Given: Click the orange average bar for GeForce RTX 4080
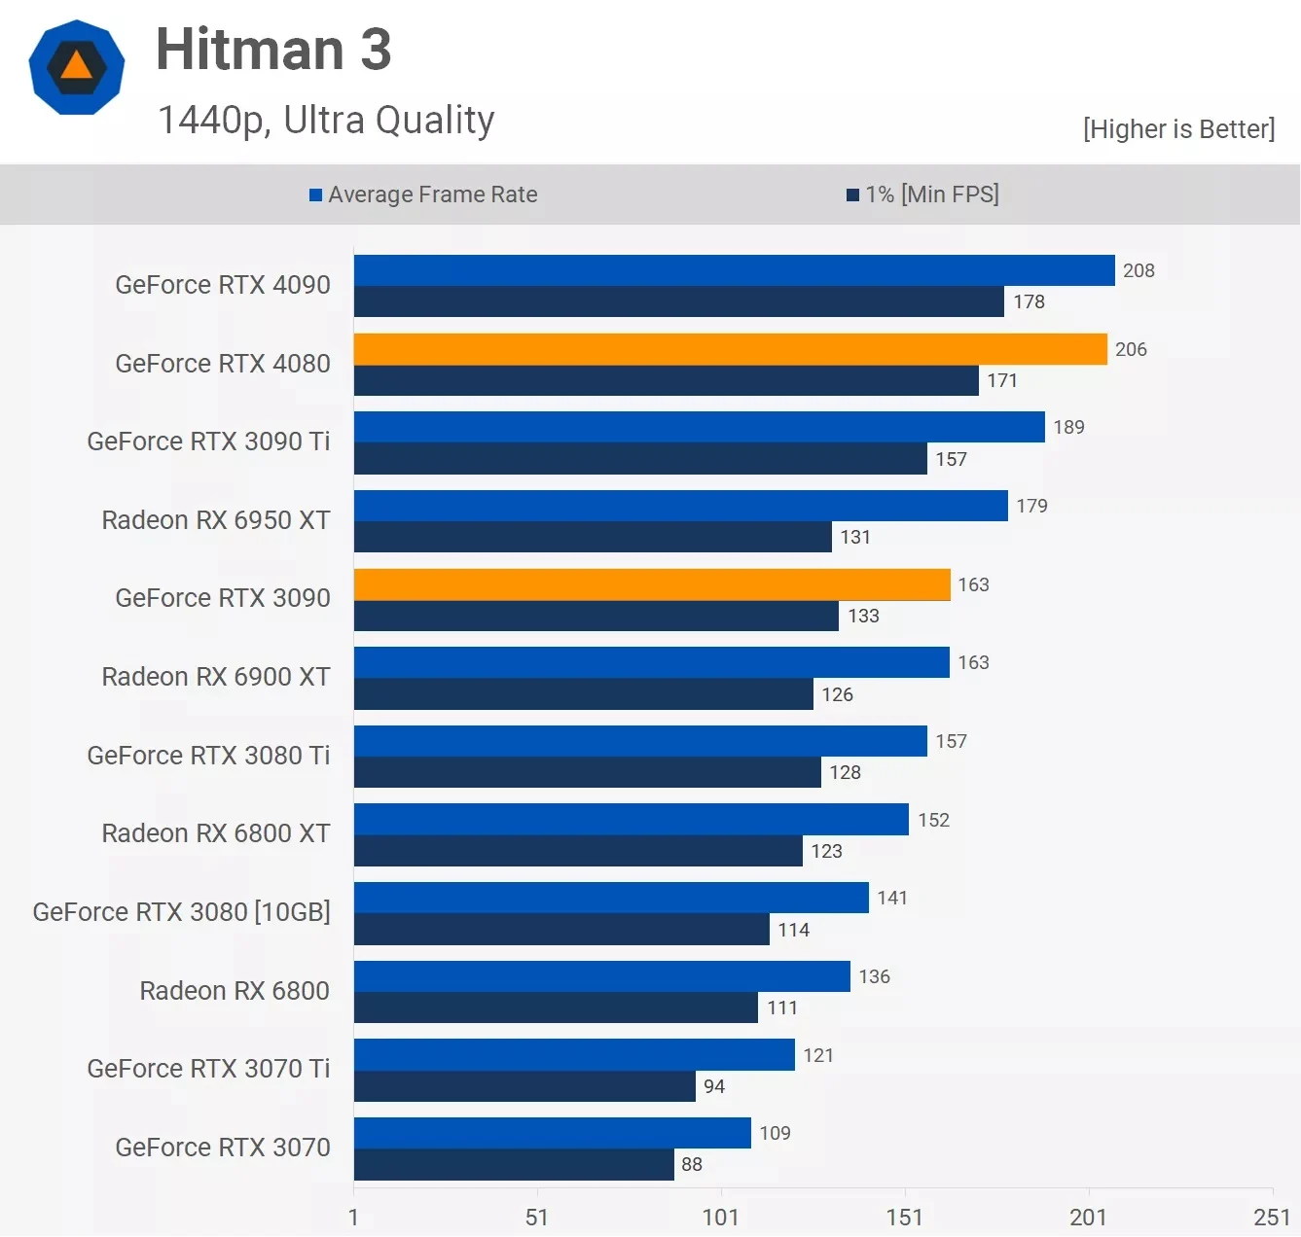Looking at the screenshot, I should (x=730, y=349).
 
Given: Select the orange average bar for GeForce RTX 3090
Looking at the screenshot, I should (x=652, y=584).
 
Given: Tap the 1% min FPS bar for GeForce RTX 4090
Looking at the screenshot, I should (x=678, y=301).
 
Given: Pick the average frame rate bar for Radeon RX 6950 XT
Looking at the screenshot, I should (x=680, y=506).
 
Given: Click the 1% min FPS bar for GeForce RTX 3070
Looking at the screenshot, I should (x=514, y=1164).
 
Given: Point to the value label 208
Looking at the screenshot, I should (x=1138, y=270).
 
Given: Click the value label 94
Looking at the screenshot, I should (x=714, y=1086).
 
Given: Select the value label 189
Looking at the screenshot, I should (x=1068, y=427).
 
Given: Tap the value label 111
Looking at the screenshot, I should (x=782, y=1007).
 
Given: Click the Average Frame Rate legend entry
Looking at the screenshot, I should (x=423, y=194).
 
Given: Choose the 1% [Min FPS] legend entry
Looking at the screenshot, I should (x=922, y=194).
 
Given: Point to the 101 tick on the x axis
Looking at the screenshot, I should (x=721, y=1217).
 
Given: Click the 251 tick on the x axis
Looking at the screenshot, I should (x=1271, y=1217).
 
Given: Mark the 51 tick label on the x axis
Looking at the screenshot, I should (x=537, y=1217).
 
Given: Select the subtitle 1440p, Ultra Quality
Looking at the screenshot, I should (x=326, y=120).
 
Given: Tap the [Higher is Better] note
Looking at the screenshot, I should (x=1178, y=128).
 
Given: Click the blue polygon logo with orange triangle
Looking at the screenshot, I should (x=77, y=67).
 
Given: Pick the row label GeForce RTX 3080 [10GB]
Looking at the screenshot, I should (x=182, y=912).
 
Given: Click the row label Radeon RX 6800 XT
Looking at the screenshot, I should (x=216, y=833).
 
